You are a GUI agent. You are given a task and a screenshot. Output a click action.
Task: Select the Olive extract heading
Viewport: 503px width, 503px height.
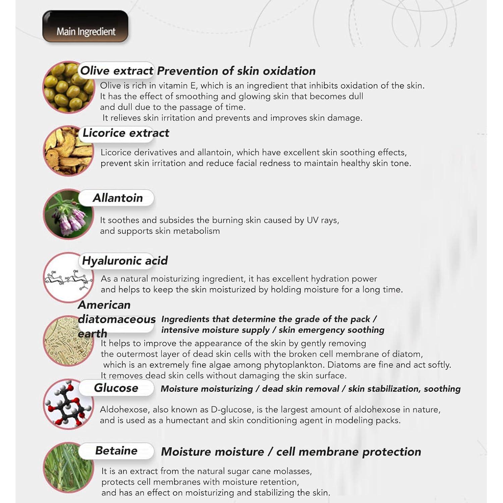117,71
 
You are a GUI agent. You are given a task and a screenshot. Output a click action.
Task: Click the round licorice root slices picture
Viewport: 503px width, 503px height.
68,151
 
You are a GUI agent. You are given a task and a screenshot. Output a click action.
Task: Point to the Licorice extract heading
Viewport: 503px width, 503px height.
126,133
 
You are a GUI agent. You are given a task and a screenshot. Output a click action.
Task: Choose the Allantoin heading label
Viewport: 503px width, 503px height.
118,198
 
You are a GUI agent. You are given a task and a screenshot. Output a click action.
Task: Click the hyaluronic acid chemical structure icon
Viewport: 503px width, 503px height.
68,278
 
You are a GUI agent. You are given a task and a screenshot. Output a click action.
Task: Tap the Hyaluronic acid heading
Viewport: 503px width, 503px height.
125,261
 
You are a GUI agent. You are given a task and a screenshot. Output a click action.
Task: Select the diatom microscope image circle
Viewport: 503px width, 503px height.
68,340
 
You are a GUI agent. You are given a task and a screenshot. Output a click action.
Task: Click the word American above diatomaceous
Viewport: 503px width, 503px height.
104,305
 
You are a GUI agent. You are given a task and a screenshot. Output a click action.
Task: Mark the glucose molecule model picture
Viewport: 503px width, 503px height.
68,404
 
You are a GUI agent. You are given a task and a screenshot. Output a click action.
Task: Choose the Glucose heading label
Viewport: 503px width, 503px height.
116,388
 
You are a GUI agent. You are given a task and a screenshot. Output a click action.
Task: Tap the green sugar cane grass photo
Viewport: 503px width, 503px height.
68,467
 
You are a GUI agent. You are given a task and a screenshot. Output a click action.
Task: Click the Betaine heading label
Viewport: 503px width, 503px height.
116,451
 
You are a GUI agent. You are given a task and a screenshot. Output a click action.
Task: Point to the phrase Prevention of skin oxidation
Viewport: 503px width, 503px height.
236,71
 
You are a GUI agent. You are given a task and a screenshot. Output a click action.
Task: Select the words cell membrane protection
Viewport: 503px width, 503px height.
348,452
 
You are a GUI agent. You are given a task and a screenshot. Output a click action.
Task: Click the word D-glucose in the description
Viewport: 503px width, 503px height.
231,410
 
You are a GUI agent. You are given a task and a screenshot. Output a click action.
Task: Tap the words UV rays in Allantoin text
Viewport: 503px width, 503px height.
322,220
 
